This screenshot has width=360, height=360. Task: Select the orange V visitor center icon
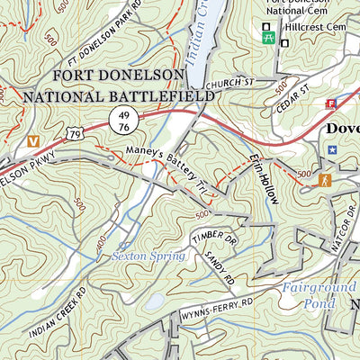(33, 141)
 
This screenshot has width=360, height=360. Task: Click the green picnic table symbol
(267, 38)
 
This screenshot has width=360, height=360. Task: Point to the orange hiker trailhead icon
(324, 181)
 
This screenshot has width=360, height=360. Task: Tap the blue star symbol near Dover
(332, 148)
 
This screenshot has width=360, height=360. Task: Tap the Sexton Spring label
(148, 256)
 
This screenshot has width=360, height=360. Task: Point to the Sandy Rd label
(220, 267)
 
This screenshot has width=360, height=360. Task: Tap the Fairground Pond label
(312, 295)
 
